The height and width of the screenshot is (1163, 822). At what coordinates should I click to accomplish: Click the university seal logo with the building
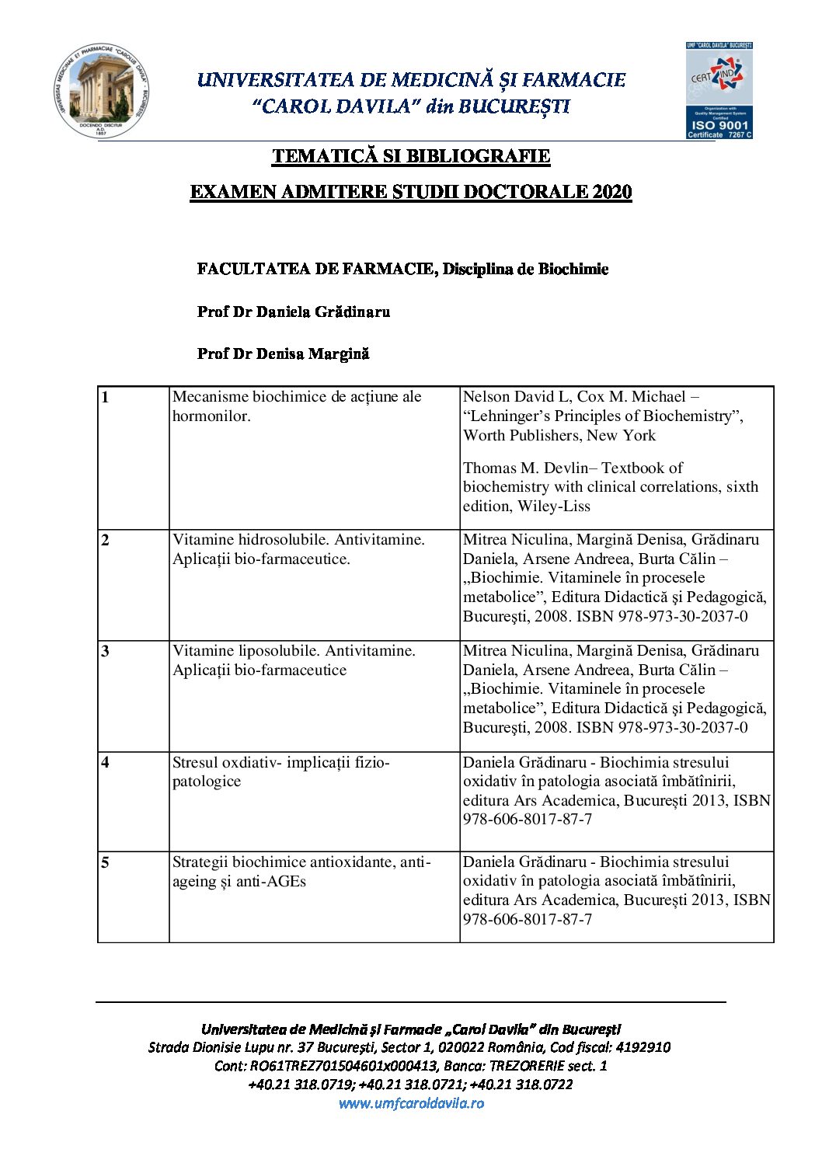tap(101, 91)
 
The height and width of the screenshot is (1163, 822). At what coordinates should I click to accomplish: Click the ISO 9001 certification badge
tap(719, 91)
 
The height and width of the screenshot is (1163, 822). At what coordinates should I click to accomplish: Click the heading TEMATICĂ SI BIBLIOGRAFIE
tap(411, 156)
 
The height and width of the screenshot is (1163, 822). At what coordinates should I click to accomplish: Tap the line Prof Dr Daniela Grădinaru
tap(293, 312)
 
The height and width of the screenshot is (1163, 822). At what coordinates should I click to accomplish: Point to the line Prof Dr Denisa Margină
tap(283, 353)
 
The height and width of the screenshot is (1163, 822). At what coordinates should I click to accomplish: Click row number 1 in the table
tap(106, 398)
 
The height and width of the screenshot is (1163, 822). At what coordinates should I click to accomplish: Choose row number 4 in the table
tap(106, 763)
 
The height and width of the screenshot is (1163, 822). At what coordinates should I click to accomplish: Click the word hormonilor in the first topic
tap(211, 416)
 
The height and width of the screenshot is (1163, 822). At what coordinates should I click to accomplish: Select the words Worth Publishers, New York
tap(559, 436)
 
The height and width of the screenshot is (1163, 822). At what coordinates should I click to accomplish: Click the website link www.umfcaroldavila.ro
tap(411, 1103)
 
